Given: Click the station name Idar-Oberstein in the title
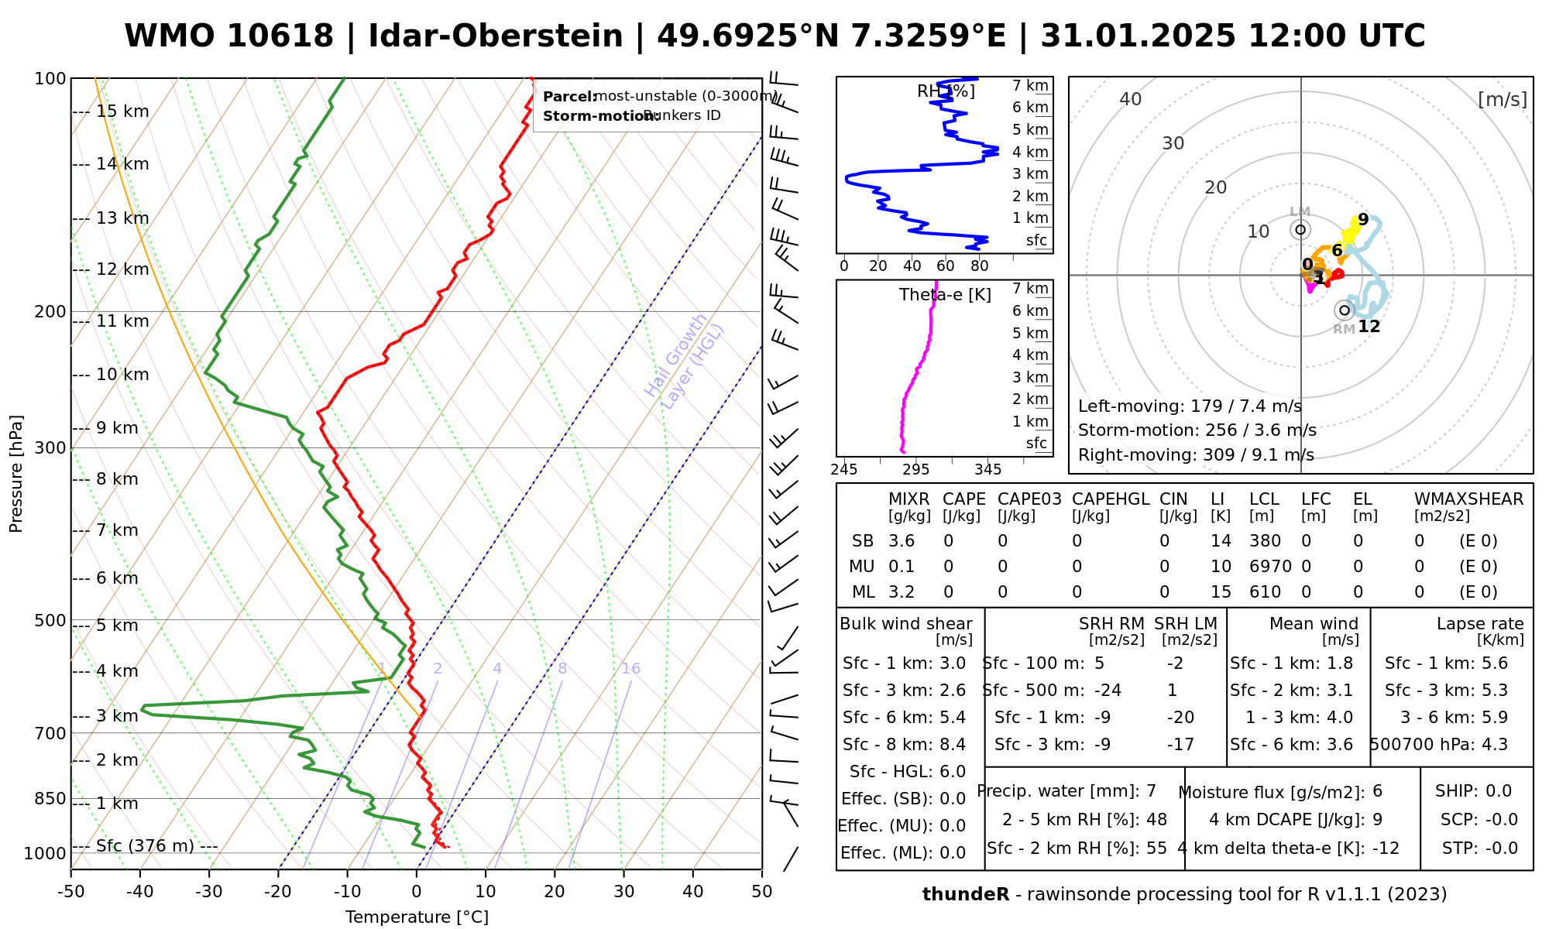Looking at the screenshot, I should [496, 36].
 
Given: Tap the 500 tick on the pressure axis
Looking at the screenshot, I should [50, 620].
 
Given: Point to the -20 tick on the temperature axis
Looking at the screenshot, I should [277, 892].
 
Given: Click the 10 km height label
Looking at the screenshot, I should [122, 375].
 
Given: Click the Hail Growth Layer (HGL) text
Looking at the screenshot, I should [685, 361].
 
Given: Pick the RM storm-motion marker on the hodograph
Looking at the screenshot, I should [1344, 310].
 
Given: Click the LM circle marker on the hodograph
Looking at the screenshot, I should [1300, 229].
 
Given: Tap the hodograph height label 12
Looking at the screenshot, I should [1369, 327].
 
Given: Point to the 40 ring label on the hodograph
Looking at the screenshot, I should [1131, 99].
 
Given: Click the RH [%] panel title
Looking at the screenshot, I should [946, 91].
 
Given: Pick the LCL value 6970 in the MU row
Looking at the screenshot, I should [1270, 567].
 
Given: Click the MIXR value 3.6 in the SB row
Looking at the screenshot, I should [902, 541].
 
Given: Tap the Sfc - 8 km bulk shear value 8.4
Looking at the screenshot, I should [952, 745].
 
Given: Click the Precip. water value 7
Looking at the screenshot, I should [1151, 791].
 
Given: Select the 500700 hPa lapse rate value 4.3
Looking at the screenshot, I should [1494, 745].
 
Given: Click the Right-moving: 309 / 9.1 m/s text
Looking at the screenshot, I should [1196, 455].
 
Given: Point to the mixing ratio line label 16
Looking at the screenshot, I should [630, 669].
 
